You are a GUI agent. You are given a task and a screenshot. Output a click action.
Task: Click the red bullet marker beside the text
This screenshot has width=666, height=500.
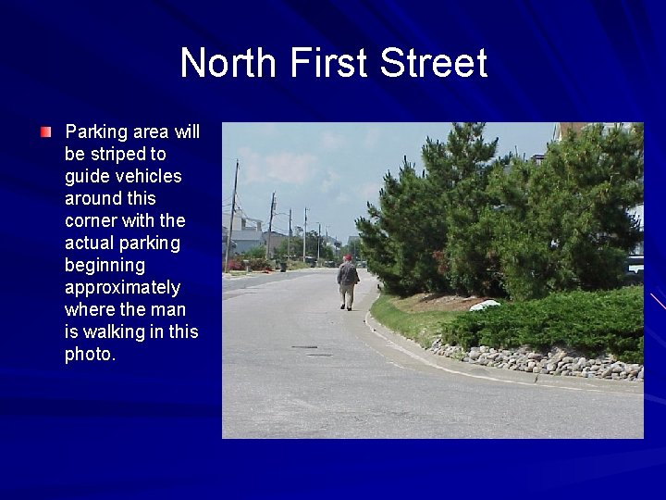pos(46,132)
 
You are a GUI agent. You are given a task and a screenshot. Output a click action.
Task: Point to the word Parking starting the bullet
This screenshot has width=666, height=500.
pos(95,131)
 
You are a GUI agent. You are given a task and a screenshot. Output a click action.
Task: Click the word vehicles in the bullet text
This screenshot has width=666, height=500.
pos(147,176)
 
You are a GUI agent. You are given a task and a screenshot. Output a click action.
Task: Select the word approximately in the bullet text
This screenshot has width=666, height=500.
pos(122,287)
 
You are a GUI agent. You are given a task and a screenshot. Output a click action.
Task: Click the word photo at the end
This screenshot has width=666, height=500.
pos(89,354)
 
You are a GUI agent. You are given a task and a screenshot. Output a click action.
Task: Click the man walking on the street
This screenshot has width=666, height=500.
pos(347,282)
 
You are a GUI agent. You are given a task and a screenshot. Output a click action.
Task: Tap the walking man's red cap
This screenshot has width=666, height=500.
pos(348,258)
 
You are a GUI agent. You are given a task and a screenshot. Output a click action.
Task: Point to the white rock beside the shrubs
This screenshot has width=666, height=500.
pos(485,305)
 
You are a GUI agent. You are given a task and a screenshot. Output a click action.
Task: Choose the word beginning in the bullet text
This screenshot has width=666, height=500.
pos(105,265)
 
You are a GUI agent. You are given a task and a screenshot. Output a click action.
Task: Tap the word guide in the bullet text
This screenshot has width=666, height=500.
pos(86,176)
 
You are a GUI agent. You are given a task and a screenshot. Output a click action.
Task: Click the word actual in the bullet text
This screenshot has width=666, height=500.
pos(90,243)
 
